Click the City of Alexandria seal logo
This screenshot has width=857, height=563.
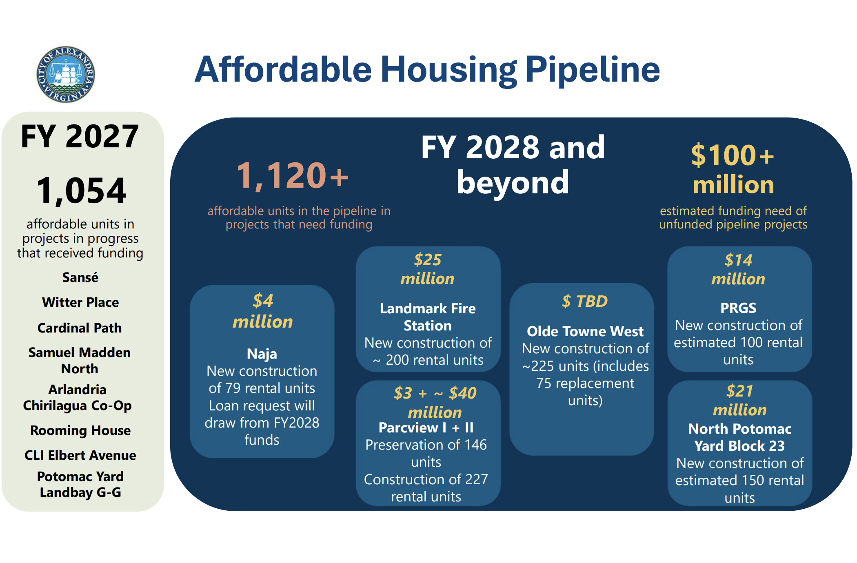[x=66, y=74]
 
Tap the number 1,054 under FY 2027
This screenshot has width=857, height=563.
[x=81, y=191]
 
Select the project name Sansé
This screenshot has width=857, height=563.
[x=80, y=277]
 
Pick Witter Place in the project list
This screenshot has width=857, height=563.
[x=80, y=302]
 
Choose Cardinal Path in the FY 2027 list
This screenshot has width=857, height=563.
[x=80, y=328]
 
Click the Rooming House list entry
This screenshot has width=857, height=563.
[x=80, y=430]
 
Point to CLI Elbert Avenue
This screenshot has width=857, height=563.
[x=80, y=455]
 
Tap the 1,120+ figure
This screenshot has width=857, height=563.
[x=292, y=176]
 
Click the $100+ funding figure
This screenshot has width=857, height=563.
[x=733, y=155]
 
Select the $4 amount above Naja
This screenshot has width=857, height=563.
[x=263, y=301]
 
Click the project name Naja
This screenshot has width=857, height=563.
[x=262, y=354]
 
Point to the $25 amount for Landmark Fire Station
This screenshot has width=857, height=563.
[x=428, y=259]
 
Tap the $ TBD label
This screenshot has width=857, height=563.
[x=585, y=301]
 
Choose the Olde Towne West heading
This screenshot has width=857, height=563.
[x=585, y=331]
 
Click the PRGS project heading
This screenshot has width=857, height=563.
[x=738, y=308]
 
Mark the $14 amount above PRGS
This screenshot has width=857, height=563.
[x=738, y=260]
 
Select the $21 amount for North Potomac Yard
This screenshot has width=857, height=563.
[x=739, y=391]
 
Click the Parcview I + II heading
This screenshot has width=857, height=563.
[x=426, y=428]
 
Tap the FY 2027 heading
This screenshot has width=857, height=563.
[x=80, y=136]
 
